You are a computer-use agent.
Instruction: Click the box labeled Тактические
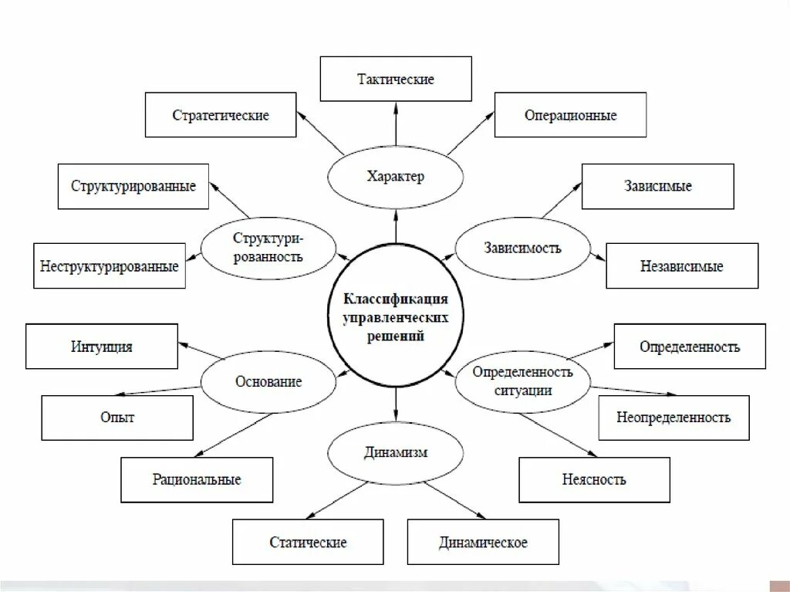click(396, 79)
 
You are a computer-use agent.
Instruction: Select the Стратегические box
click(221, 115)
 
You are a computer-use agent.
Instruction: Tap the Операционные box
click(570, 115)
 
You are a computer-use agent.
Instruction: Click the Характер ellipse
click(396, 177)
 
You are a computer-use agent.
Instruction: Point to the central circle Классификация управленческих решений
click(396, 317)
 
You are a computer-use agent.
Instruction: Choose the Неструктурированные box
click(110, 266)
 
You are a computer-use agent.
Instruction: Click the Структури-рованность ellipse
click(268, 247)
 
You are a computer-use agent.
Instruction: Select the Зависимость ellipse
click(523, 248)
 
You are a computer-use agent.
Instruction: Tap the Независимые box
click(681, 266)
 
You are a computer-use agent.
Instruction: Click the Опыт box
click(116, 418)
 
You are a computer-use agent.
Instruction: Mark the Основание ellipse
click(268, 381)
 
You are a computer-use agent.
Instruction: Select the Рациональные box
click(197, 479)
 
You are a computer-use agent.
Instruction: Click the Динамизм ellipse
click(396, 452)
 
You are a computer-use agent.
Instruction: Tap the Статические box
click(308, 542)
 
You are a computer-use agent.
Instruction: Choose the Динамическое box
click(483, 542)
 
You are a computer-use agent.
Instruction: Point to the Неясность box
click(593, 479)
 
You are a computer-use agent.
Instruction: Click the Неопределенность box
click(674, 418)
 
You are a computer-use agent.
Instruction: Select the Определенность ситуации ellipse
click(523, 381)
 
